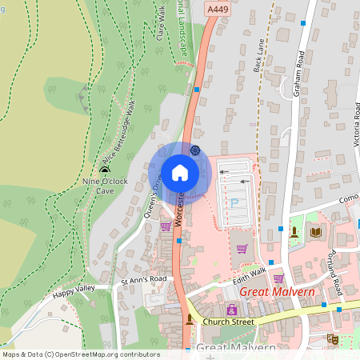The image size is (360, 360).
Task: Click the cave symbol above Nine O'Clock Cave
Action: [105, 170]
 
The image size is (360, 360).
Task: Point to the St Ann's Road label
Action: [143, 279]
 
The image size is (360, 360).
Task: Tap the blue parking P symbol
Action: [234, 204]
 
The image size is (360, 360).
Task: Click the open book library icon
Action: [315, 232]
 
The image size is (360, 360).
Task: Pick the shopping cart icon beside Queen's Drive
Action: [166, 226]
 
